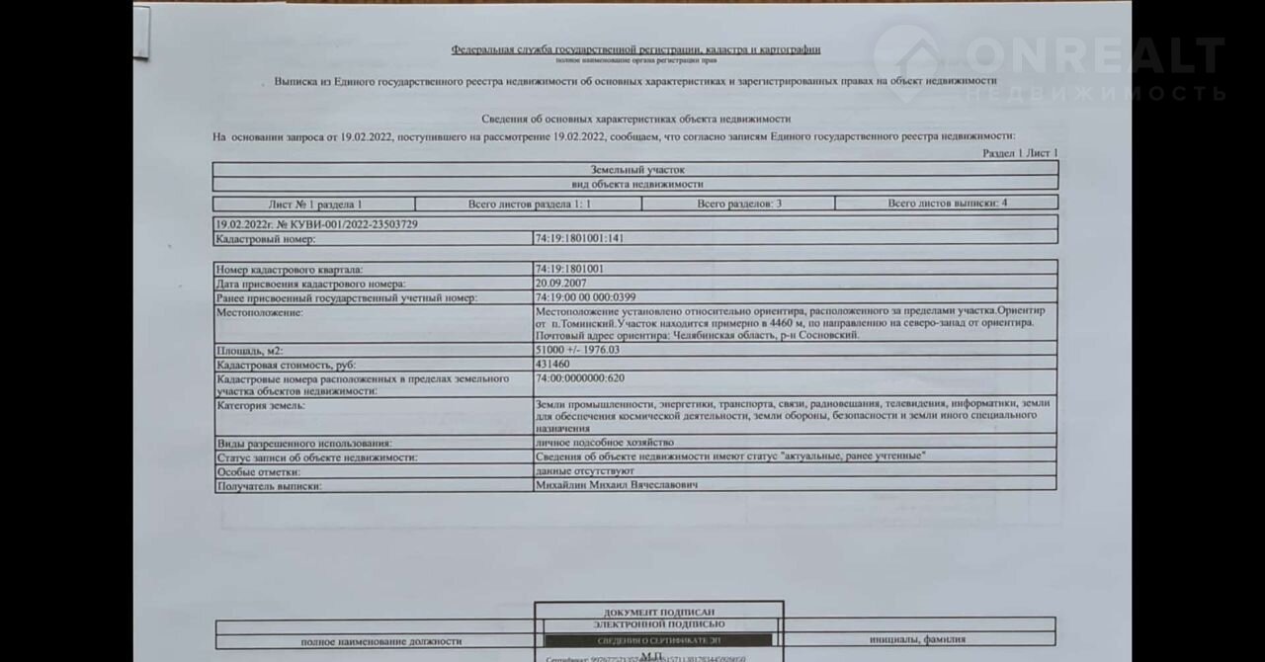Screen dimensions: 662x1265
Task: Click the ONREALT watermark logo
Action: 1048,64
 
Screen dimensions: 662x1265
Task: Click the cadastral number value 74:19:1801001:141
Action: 579,238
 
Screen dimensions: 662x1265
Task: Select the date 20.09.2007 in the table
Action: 560,284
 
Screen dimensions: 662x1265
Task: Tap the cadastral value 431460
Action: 552,365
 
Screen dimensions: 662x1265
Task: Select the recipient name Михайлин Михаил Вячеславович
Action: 617,485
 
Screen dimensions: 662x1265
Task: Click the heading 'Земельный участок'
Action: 636,170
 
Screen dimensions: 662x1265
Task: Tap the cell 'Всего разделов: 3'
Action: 739,204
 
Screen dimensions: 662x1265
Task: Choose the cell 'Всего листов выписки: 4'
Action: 947,204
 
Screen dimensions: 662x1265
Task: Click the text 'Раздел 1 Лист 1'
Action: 1020,153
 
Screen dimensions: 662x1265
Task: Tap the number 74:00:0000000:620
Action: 579,377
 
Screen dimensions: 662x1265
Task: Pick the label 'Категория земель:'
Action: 262,406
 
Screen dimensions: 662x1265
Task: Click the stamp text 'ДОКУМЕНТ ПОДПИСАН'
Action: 659,613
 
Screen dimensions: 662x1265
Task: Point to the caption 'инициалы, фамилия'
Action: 918,640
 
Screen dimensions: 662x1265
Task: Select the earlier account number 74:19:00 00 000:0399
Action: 585,297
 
